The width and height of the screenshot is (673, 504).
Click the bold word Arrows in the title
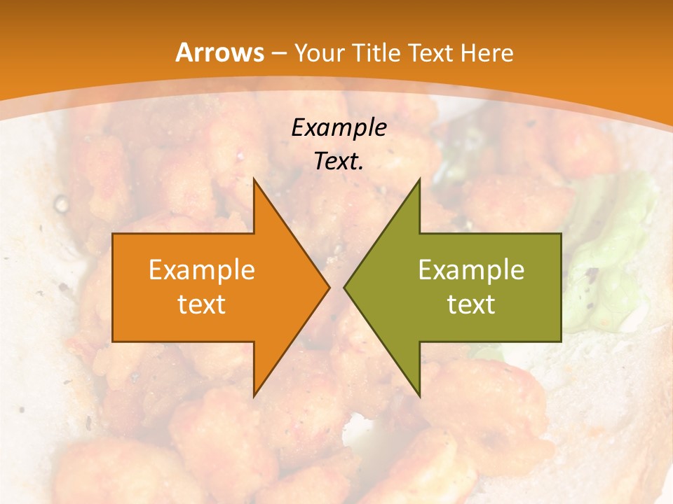pyautogui.click(x=219, y=52)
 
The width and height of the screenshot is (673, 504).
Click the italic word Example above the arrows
pyautogui.click(x=339, y=127)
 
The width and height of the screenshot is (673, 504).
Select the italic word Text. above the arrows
pyautogui.click(x=339, y=161)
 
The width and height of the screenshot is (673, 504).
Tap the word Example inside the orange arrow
pyautogui.click(x=201, y=269)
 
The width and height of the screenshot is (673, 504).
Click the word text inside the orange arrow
pyautogui.click(x=201, y=304)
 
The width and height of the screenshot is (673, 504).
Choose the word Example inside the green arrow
pyautogui.click(x=471, y=269)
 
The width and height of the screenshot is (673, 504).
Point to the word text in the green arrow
pyautogui.click(x=471, y=304)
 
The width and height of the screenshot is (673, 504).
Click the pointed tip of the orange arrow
pyautogui.click(x=328, y=288)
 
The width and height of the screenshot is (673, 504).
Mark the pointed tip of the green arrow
pyautogui.click(x=346, y=288)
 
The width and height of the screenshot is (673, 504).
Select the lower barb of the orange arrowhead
pyautogui.click(x=255, y=393)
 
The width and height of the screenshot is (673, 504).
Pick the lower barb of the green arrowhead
pyautogui.click(x=419, y=393)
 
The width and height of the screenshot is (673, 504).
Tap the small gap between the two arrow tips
pyautogui.click(x=337, y=288)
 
